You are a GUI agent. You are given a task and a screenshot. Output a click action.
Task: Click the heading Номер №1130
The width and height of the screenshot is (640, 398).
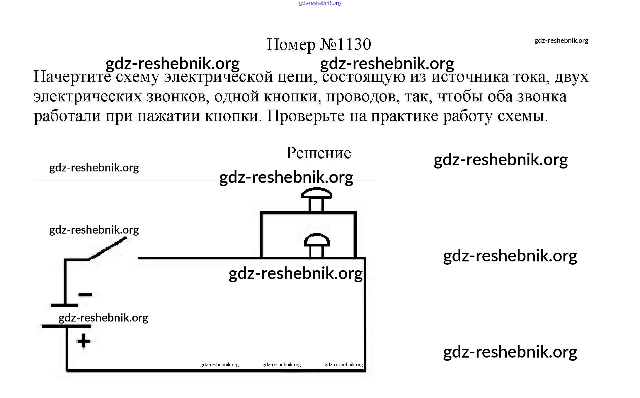click(x=319, y=45)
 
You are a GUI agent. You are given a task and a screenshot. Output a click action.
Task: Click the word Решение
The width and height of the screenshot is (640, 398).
click(x=319, y=153)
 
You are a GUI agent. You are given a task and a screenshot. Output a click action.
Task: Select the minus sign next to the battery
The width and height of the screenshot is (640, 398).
click(x=85, y=295)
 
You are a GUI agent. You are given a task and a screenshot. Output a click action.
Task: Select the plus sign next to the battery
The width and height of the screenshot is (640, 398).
click(x=84, y=341)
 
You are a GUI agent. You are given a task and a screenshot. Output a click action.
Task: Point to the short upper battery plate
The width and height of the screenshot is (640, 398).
click(x=64, y=305)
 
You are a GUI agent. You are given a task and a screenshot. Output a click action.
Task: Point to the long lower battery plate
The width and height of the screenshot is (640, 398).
click(x=67, y=326)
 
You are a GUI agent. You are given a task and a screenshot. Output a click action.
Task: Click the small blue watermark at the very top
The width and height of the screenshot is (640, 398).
click(x=320, y=4)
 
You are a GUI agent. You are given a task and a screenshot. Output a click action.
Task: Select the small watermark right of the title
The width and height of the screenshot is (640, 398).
click(x=561, y=40)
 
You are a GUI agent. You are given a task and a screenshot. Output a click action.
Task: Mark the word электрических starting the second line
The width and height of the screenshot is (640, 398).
click(x=88, y=97)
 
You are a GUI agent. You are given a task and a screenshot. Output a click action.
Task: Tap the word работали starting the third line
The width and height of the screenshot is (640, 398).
click(x=67, y=116)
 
